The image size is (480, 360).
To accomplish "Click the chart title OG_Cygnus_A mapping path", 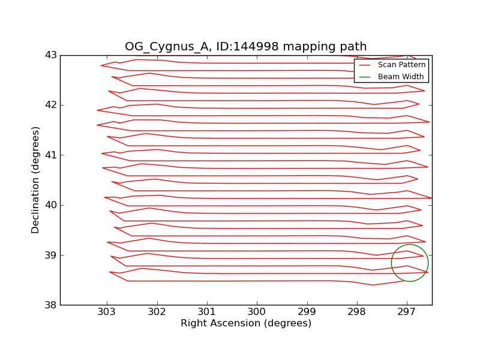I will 246,47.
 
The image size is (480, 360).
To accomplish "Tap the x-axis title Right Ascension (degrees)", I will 246,323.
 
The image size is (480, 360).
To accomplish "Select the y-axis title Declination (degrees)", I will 36,180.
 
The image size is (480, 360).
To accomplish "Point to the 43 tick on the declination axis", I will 50,55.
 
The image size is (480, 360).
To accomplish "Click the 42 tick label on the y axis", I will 50,105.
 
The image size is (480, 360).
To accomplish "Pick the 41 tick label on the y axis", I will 50,155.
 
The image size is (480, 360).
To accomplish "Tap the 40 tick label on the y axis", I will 50,205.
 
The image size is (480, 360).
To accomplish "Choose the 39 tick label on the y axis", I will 50,255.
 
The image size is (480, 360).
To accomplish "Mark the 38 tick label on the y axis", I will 50,305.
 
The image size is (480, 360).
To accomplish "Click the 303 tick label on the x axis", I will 107,313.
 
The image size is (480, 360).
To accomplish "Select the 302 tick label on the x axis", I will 157,313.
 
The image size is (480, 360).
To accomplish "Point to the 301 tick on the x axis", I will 207,313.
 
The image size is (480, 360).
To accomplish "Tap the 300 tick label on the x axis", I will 257,313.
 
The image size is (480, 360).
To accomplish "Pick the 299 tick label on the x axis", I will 307,313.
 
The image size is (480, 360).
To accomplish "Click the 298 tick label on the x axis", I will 357,313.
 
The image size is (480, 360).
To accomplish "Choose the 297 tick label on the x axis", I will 407,313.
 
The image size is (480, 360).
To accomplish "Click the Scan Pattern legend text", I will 401,65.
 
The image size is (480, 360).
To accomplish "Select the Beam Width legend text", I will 401,77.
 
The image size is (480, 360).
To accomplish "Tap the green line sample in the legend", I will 365,77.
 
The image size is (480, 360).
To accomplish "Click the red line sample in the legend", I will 365,65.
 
